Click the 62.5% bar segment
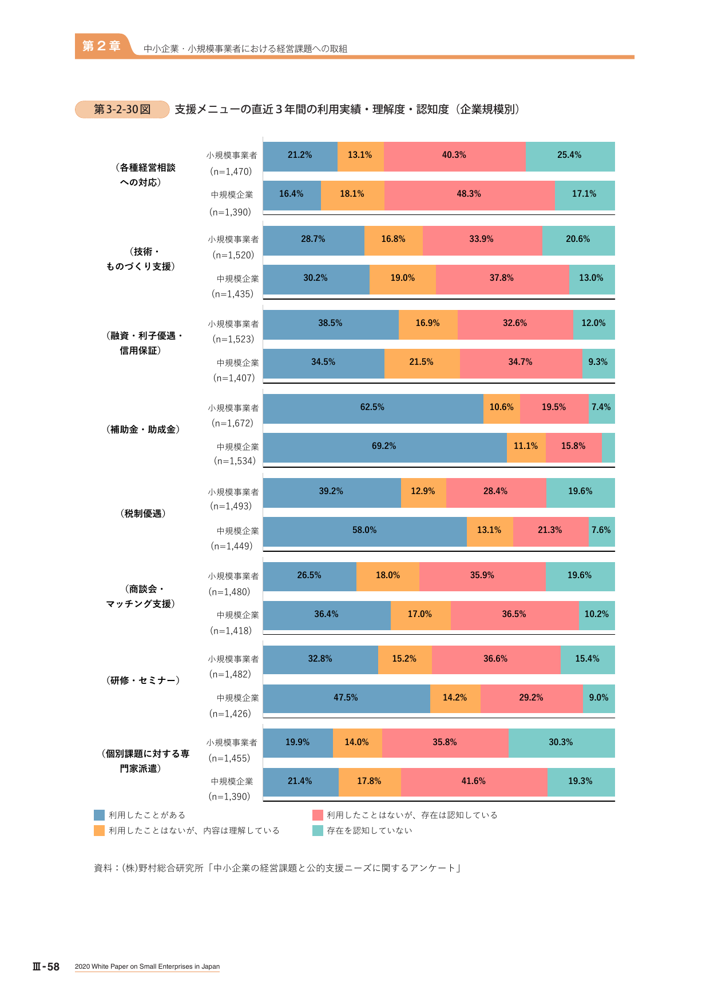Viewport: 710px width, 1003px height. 373,409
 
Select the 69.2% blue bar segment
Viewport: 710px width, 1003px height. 385,448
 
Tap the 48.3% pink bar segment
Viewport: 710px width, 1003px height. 469,196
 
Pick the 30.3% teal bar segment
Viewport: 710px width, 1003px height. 562,743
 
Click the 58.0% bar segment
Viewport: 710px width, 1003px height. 365,532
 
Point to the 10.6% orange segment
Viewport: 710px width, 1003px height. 502,409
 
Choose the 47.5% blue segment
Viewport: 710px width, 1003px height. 347,699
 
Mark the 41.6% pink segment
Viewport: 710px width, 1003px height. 474,782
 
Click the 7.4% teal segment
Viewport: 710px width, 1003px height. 602,409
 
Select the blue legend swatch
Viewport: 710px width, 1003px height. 100,815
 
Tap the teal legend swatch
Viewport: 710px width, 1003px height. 318,830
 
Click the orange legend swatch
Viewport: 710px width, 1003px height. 100,830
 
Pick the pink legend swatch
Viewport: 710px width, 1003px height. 318,815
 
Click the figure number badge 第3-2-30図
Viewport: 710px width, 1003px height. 122,109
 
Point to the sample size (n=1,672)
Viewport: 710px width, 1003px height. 233,423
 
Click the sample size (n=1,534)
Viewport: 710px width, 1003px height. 235,461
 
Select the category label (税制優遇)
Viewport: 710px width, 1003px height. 143,514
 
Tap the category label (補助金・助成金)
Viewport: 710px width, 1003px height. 143,429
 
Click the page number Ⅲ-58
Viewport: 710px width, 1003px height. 46,966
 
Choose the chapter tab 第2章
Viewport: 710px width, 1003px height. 102,46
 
